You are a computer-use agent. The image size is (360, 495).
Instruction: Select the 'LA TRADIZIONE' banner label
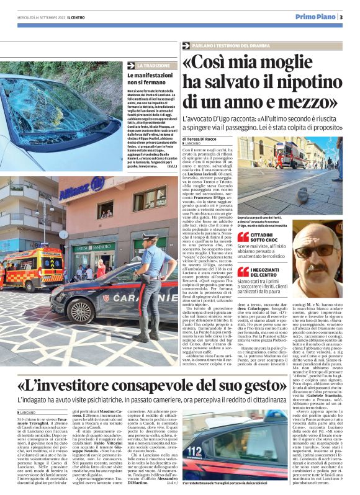pos(152,65)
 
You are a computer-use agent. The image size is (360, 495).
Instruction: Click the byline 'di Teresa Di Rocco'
pos(202,140)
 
